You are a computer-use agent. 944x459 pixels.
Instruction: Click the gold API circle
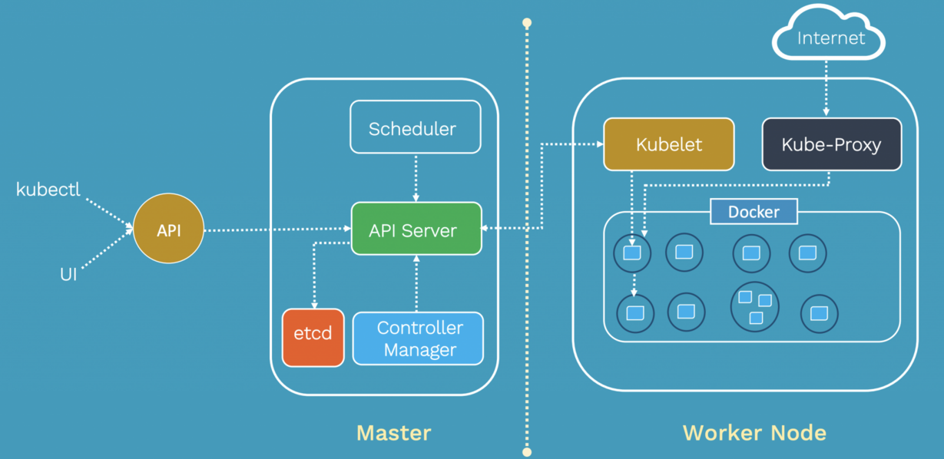pos(168,230)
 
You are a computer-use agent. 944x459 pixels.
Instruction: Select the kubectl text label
pos(48,189)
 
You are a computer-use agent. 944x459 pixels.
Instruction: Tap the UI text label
pos(68,274)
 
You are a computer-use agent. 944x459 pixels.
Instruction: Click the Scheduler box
pos(415,127)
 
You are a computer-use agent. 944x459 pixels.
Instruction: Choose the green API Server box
pos(416,229)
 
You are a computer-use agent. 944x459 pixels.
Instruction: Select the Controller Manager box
pos(419,338)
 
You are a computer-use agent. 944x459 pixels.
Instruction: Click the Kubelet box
pos(668,144)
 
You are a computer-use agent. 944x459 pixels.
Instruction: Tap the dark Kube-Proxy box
pos(831,144)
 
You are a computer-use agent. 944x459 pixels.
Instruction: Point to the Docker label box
pos(754,212)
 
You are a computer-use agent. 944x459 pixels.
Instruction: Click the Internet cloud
pos(830,38)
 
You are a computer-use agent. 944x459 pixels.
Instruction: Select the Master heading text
pos(394,432)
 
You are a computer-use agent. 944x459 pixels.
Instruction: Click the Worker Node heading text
pos(754,432)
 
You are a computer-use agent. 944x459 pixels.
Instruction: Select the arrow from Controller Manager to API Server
pos(416,283)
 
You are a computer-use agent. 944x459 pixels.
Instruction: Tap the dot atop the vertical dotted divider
pos(527,23)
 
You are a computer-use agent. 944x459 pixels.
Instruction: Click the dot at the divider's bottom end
pos(527,452)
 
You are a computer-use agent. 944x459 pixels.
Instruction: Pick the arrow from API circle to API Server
pos(277,229)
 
